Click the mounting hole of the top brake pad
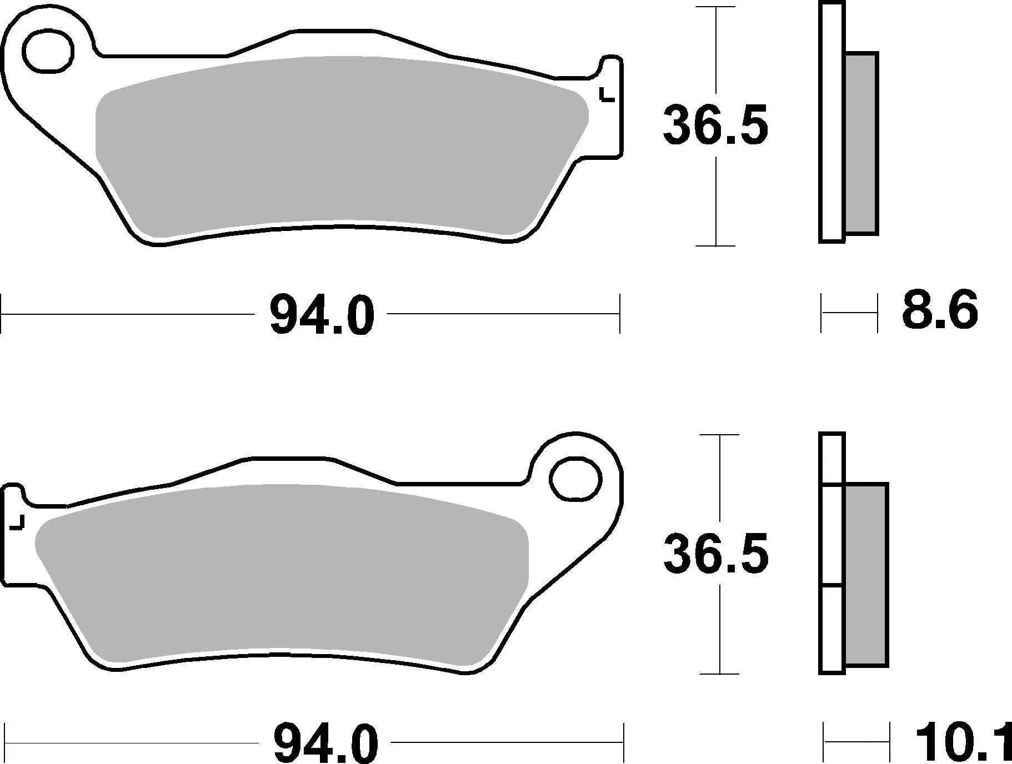[48, 52]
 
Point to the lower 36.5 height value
[717, 554]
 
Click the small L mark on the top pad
[607, 96]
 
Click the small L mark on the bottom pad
[18, 522]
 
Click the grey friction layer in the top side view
[861, 143]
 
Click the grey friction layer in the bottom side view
[866, 574]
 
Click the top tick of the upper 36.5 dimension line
[717, 8]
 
